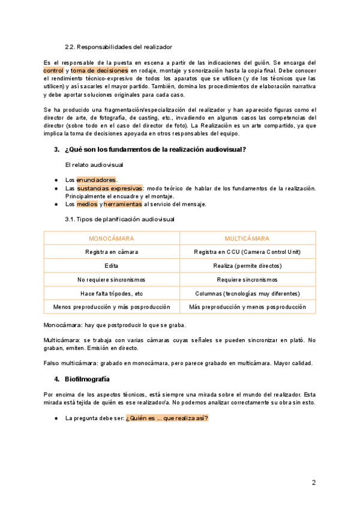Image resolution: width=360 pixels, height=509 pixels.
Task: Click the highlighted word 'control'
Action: click(x=53, y=70)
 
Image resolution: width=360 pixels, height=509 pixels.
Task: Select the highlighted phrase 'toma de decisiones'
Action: click(x=100, y=70)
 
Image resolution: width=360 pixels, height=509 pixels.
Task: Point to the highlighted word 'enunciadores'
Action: click(x=96, y=180)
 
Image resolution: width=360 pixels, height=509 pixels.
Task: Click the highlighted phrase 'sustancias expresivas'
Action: click(x=110, y=188)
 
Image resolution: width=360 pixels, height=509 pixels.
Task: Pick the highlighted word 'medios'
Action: click(x=87, y=204)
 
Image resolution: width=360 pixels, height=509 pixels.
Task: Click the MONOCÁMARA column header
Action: click(x=112, y=238)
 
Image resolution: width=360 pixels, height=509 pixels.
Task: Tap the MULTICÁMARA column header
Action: click(x=247, y=238)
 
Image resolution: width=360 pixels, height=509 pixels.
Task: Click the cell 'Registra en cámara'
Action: click(x=112, y=252)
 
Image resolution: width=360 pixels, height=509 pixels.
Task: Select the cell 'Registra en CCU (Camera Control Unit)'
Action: click(x=247, y=252)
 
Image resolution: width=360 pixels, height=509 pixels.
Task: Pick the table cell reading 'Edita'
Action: click(x=112, y=266)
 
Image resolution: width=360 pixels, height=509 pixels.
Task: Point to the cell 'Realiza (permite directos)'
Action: click(x=247, y=266)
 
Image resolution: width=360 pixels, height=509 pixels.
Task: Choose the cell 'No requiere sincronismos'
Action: click(x=112, y=280)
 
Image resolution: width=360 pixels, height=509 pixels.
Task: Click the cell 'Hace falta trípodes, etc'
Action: click(x=112, y=294)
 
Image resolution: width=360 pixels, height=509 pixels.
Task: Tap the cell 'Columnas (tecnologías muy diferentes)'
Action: click(x=247, y=294)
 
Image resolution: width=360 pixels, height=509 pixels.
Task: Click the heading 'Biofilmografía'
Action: click(x=87, y=379)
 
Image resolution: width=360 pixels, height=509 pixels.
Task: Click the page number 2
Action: click(x=313, y=483)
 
